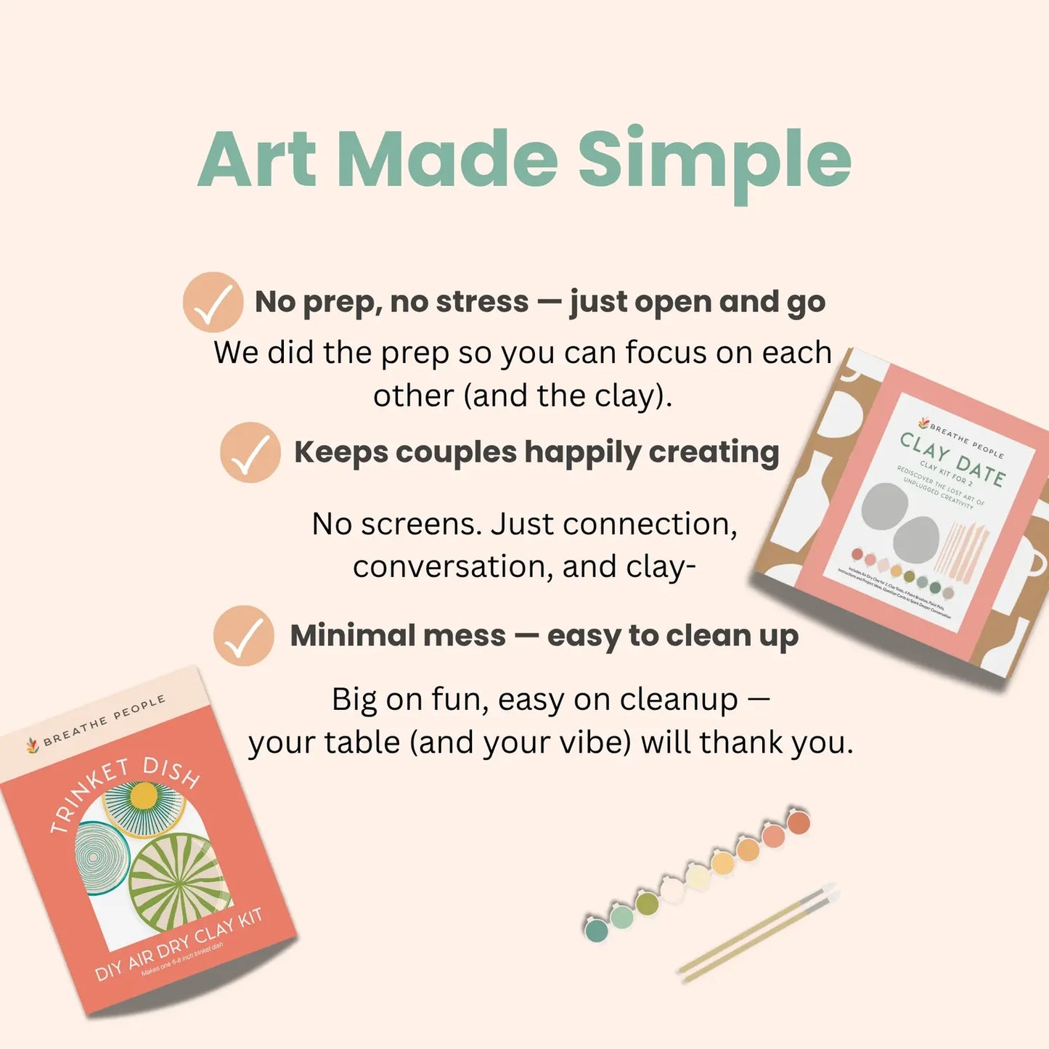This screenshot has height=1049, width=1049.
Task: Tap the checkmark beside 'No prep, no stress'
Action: [x=213, y=302]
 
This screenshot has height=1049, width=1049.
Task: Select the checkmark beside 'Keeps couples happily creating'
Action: [x=250, y=453]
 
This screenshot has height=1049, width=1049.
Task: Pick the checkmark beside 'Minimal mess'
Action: [x=244, y=636]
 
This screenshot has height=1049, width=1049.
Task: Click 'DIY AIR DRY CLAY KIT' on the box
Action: [x=179, y=944]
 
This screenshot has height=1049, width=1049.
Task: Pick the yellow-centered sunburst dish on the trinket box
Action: [x=144, y=802]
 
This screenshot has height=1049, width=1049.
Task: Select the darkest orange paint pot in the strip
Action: [x=799, y=823]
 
